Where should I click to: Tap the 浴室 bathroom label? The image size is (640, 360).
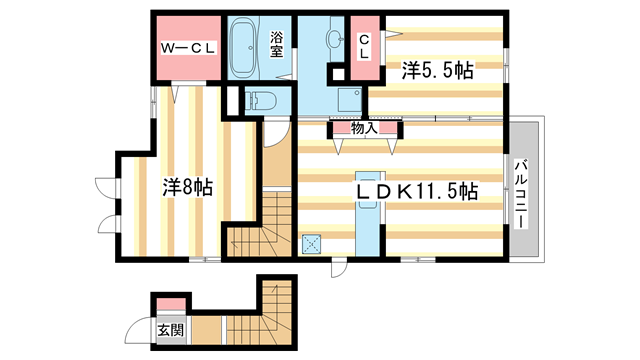point(278,46)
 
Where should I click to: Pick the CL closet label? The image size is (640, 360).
point(365,46)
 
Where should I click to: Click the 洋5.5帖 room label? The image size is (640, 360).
point(438,70)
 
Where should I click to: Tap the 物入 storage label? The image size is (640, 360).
point(364,127)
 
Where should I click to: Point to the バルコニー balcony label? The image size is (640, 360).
point(521,193)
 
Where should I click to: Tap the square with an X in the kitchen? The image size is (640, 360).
point(311,241)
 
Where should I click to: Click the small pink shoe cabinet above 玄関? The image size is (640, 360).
point(171,304)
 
